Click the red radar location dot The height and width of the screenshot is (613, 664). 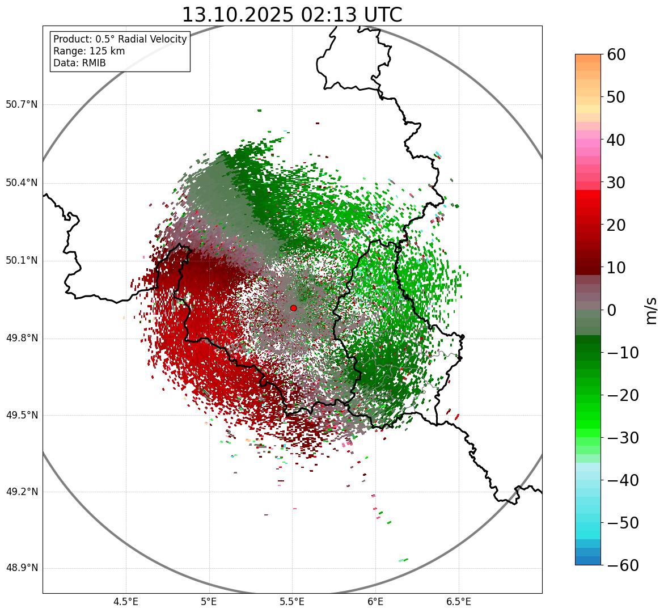pyautogui.click(x=293, y=308)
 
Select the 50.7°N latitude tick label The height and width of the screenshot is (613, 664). pyautogui.click(x=22, y=105)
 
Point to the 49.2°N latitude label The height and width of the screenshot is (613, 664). pyautogui.click(x=22, y=492)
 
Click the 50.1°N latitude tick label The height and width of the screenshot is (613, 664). pyautogui.click(x=22, y=261)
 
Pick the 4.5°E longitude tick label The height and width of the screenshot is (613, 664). pyautogui.click(x=126, y=602)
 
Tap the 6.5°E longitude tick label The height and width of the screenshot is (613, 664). pyautogui.click(x=458, y=602)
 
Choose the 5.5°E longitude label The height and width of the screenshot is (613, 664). pyautogui.click(x=292, y=602)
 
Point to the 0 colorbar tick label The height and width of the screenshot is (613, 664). pyautogui.click(x=612, y=310)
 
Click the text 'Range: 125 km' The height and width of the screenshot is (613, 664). pyautogui.click(x=89, y=51)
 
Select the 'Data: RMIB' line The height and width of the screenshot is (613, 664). pyautogui.click(x=79, y=63)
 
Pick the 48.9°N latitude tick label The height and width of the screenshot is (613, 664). pyautogui.click(x=22, y=568)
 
